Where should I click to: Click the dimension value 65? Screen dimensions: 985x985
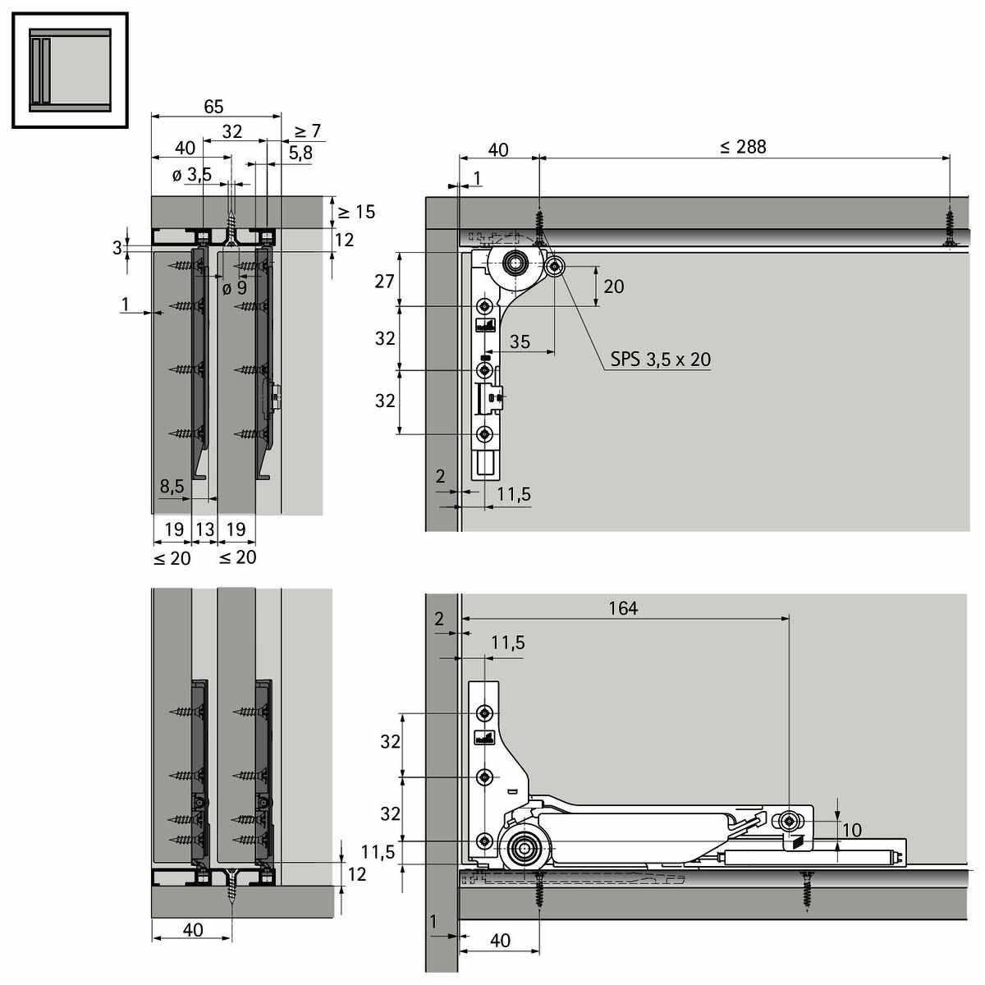[x=213, y=107]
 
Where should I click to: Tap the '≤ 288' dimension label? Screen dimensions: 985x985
[x=743, y=147]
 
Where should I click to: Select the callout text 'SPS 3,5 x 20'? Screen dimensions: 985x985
[x=661, y=360]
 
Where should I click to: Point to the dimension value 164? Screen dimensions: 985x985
[x=623, y=608]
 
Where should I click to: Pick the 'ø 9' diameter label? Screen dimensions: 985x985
[x=235, y=288]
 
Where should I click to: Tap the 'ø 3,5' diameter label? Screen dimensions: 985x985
[x=192, y=176]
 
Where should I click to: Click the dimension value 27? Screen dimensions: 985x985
[x=384, y=282]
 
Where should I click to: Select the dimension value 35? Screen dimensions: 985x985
[x=520, y=341]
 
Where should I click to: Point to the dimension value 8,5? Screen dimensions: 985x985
[x=172, y=486]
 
